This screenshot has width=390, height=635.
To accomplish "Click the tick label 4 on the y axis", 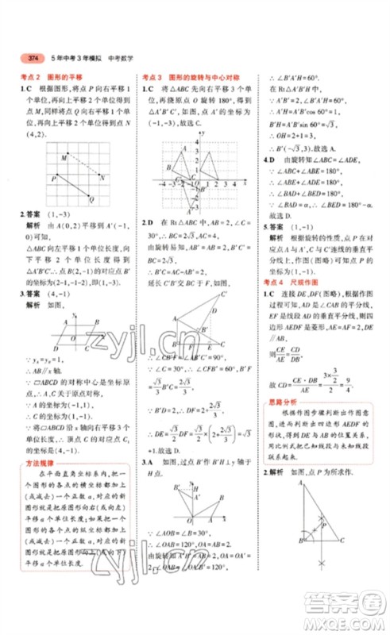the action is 185,148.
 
